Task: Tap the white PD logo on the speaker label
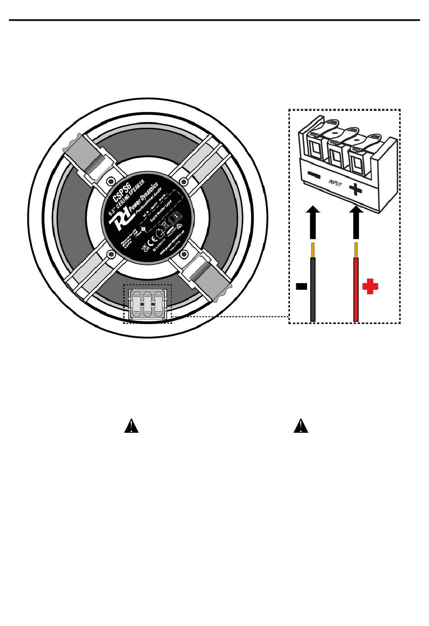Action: coord(121,220)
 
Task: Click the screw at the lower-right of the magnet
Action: coord(183,255)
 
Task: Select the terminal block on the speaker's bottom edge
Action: coord(147,305)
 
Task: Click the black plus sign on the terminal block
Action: coord(355,189)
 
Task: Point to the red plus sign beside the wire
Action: coord(370,287)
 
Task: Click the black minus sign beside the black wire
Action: coord(301,286)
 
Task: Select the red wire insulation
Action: coord(356,289)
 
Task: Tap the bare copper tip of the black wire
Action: coord(312,250)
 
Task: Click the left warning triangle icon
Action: coord(131,426)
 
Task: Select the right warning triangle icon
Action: coord(301,426)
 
